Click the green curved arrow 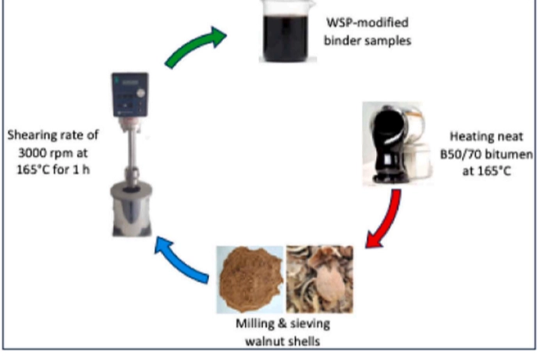(194, 48)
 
